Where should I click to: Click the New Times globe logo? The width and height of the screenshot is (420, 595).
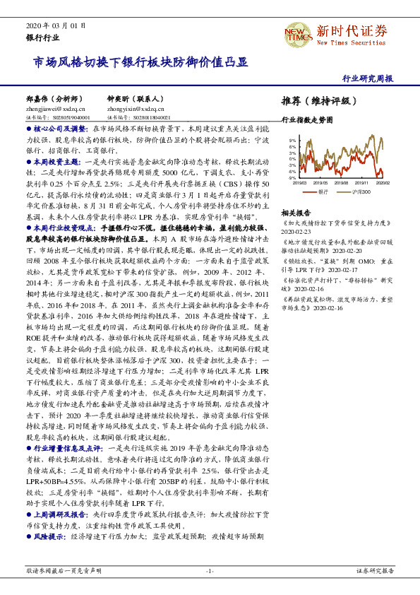297,33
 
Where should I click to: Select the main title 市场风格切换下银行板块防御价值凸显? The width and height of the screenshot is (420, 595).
141,62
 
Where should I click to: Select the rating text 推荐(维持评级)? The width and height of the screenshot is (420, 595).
315,100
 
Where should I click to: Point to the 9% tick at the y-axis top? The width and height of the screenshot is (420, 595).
292,141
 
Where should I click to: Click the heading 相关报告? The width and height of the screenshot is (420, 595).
295,212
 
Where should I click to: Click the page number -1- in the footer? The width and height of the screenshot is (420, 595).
210,570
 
